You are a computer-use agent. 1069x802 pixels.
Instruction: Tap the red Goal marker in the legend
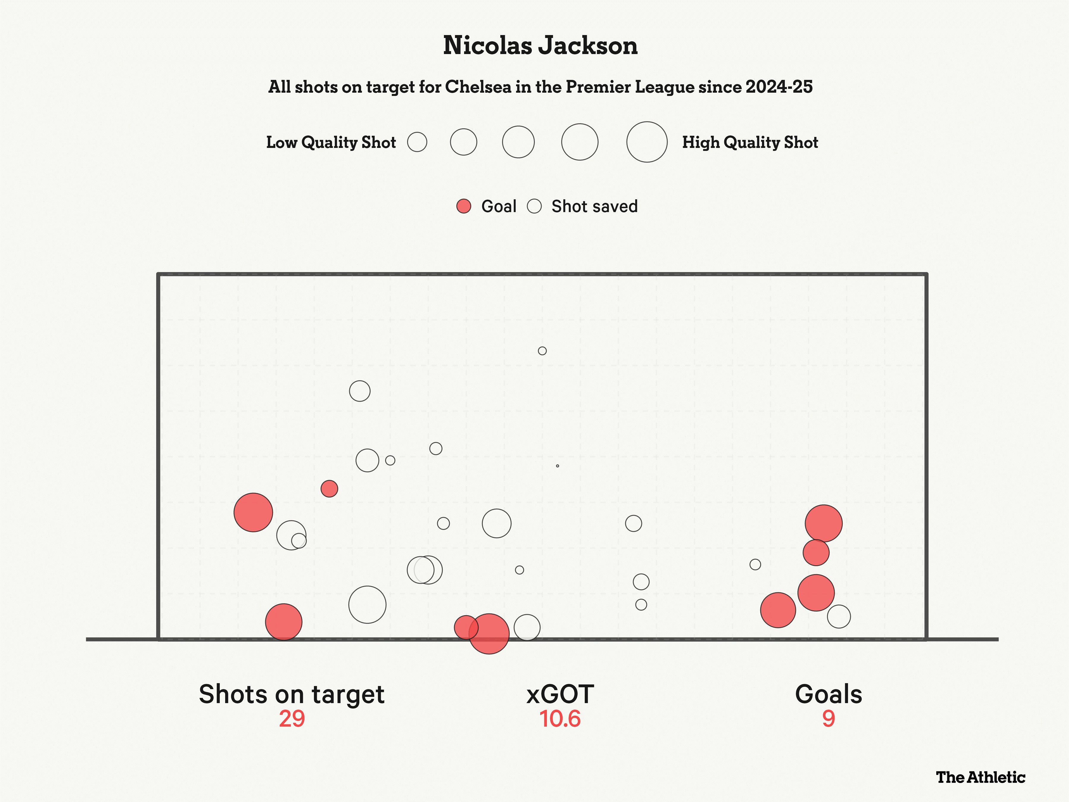(464, 206)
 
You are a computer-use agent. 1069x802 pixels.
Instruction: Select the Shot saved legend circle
(534, 206)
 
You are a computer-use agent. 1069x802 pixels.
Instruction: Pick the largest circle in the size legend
(647, 142)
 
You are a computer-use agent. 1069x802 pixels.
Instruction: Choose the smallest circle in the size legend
(417, 142)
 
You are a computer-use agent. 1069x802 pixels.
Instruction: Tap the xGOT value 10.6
(560, 719)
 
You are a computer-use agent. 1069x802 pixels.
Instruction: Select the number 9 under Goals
(828, 719)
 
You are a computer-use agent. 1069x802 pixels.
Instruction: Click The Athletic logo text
(980, 777)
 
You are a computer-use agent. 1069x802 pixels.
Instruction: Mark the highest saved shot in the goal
(542, 351)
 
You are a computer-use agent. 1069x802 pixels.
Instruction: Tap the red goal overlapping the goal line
(489, 634)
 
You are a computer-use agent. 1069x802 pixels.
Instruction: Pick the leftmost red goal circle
(253, 512)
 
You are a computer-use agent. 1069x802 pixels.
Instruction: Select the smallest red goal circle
(329, 489)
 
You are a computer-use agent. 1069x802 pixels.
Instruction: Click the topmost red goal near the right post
(823, 524)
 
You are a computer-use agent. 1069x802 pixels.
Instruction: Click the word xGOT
(560, 695)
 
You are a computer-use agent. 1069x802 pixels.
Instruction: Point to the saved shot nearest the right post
(839, 616)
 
